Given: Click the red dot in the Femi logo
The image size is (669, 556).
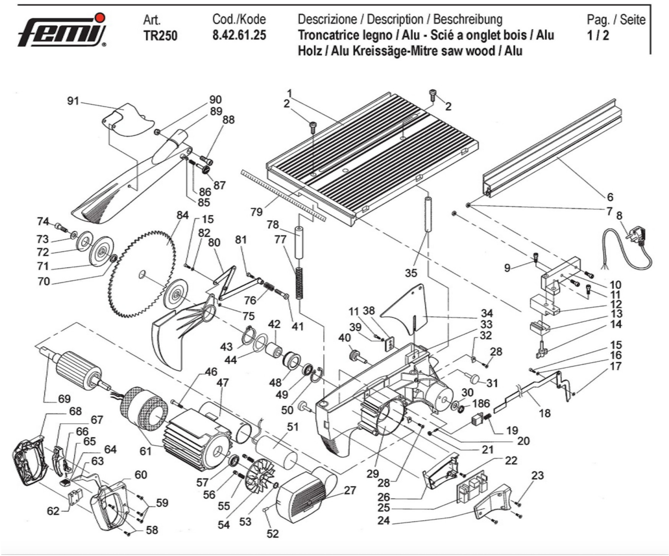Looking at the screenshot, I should [x=101, y=18].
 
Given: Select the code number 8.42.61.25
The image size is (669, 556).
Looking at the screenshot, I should [x=239, y=35].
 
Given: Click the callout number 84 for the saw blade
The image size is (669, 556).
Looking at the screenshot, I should [x=182, y=215].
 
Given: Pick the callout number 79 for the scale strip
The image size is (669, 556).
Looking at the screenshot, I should [x=256, y=212].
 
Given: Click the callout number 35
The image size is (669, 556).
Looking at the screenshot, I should [x=411, y=273].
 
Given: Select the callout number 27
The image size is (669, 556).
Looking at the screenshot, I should [x=350, y=490].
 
